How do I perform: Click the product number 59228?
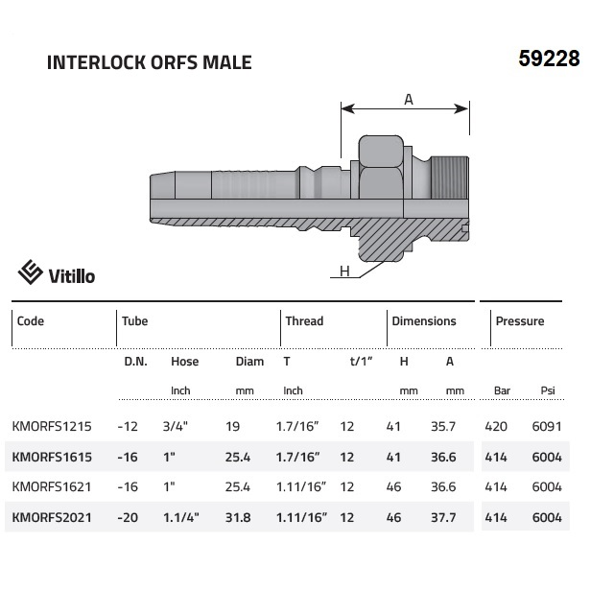pyautogui.click(x=549, y=59)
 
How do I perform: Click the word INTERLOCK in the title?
pyautogui.click(x=96, y=62)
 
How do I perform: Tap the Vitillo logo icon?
pyautogui.click(x=30, y=272)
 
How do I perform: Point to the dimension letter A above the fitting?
pyautogui.click(x=409, y=100)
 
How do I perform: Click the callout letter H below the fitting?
pyautogui.click(x=344, y=271)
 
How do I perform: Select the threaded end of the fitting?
pyautogui.click(x=450, y=177)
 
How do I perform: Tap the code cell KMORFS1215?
pyautogui.click(x=52, y=426)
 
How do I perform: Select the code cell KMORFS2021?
pyautogui.click(x=52, y=517)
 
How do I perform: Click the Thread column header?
pyautogui.click(x=304, y=321)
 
